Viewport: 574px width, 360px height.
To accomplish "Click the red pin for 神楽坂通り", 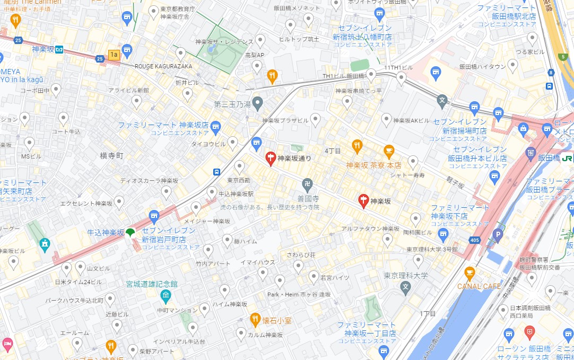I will tap(270, 158).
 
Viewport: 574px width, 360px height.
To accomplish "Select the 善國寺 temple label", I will tap(307, 198).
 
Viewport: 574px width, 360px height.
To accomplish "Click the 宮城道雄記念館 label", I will tap(151, 284).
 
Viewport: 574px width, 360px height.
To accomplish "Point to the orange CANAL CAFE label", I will tap(479, 286).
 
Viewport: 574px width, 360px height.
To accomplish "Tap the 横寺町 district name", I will tap(111, 156).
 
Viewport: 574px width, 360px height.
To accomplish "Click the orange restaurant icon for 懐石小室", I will tap(255, 319).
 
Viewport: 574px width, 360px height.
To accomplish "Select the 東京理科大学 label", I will tap(406, 276).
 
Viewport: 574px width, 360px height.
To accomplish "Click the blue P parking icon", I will tap(498, 233).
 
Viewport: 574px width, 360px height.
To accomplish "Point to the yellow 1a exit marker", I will tap(114, 54).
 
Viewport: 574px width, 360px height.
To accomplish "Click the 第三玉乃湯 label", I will tap(232, 104).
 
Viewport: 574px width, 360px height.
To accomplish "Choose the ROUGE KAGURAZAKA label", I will tap(163, 66).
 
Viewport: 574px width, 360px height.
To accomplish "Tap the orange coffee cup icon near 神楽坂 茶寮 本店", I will tap(389, 151).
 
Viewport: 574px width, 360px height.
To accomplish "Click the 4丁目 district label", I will tap(333, 151).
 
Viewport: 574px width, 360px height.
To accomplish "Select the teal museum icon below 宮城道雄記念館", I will tap(166, 295).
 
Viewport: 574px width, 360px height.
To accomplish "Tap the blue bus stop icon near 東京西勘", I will tap(217, 172).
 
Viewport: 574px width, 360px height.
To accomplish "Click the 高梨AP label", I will tap(254, 55).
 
